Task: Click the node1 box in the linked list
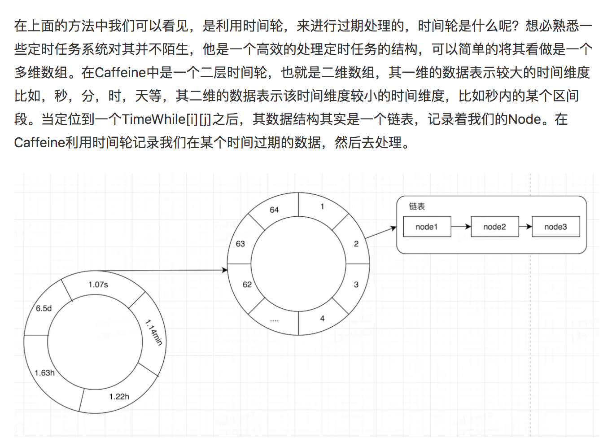point(427,227)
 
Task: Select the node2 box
point(494,227)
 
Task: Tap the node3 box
point(555,227)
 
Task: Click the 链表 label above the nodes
point(417,206)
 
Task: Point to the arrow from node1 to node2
point(461,227)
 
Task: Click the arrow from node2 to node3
point(525,227)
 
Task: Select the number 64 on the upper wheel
point(274,210)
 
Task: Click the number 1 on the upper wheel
point(322,206)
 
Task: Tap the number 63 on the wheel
point(240,244)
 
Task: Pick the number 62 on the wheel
point(247,285)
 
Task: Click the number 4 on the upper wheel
point(322,319)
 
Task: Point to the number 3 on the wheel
point(356,285)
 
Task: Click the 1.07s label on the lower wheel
point(98,285)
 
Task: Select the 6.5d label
point(44,308)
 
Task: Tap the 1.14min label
point(153,332)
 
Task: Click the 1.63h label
point(45,373)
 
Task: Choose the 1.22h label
point(119,397)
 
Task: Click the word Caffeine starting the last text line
point(39,143)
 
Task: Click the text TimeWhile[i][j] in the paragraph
point(166,119)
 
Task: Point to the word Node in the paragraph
point(525,119)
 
